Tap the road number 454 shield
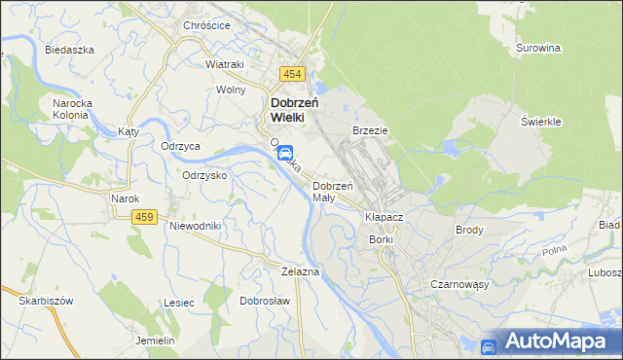292,74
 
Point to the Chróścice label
206,25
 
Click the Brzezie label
370,129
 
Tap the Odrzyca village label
181,146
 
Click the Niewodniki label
197,226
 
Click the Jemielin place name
155,341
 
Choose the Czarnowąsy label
458,284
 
